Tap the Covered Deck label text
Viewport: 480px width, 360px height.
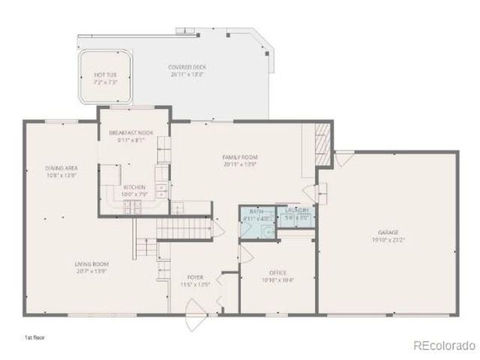coord(187,67)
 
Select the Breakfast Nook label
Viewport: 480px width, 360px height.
coord(136,132)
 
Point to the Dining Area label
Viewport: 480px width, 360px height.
coord(61,168)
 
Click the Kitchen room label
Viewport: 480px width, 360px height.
coord(135,187)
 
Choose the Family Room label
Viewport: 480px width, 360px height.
coord(239,157)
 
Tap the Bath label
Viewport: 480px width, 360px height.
coord(256,212)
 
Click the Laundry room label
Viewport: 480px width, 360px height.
coord(298,212)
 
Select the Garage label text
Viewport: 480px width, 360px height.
coord(388,232)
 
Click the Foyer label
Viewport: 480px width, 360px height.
coord(193,274)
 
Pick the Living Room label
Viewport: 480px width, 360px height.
coord(91,264)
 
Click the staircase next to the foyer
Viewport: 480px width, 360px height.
coord(184,223)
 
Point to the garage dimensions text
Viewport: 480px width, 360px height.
coord(388,240)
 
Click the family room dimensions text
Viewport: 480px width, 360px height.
coord(239,164)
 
